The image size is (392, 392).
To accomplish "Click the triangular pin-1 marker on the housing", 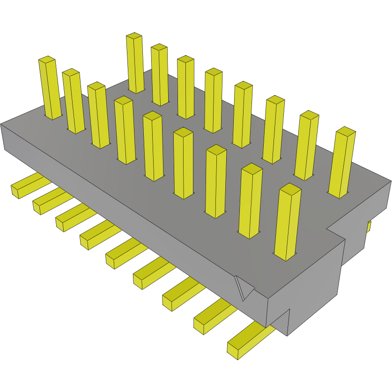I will (x=244, y=288).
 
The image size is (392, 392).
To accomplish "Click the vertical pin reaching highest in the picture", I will (x=135, y=63).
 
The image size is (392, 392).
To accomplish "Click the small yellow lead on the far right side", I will (x=369, y=227).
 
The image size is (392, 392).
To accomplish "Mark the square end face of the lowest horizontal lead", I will (x=233, y=349).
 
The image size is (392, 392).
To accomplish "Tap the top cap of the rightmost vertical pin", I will (x=346, y=132).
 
